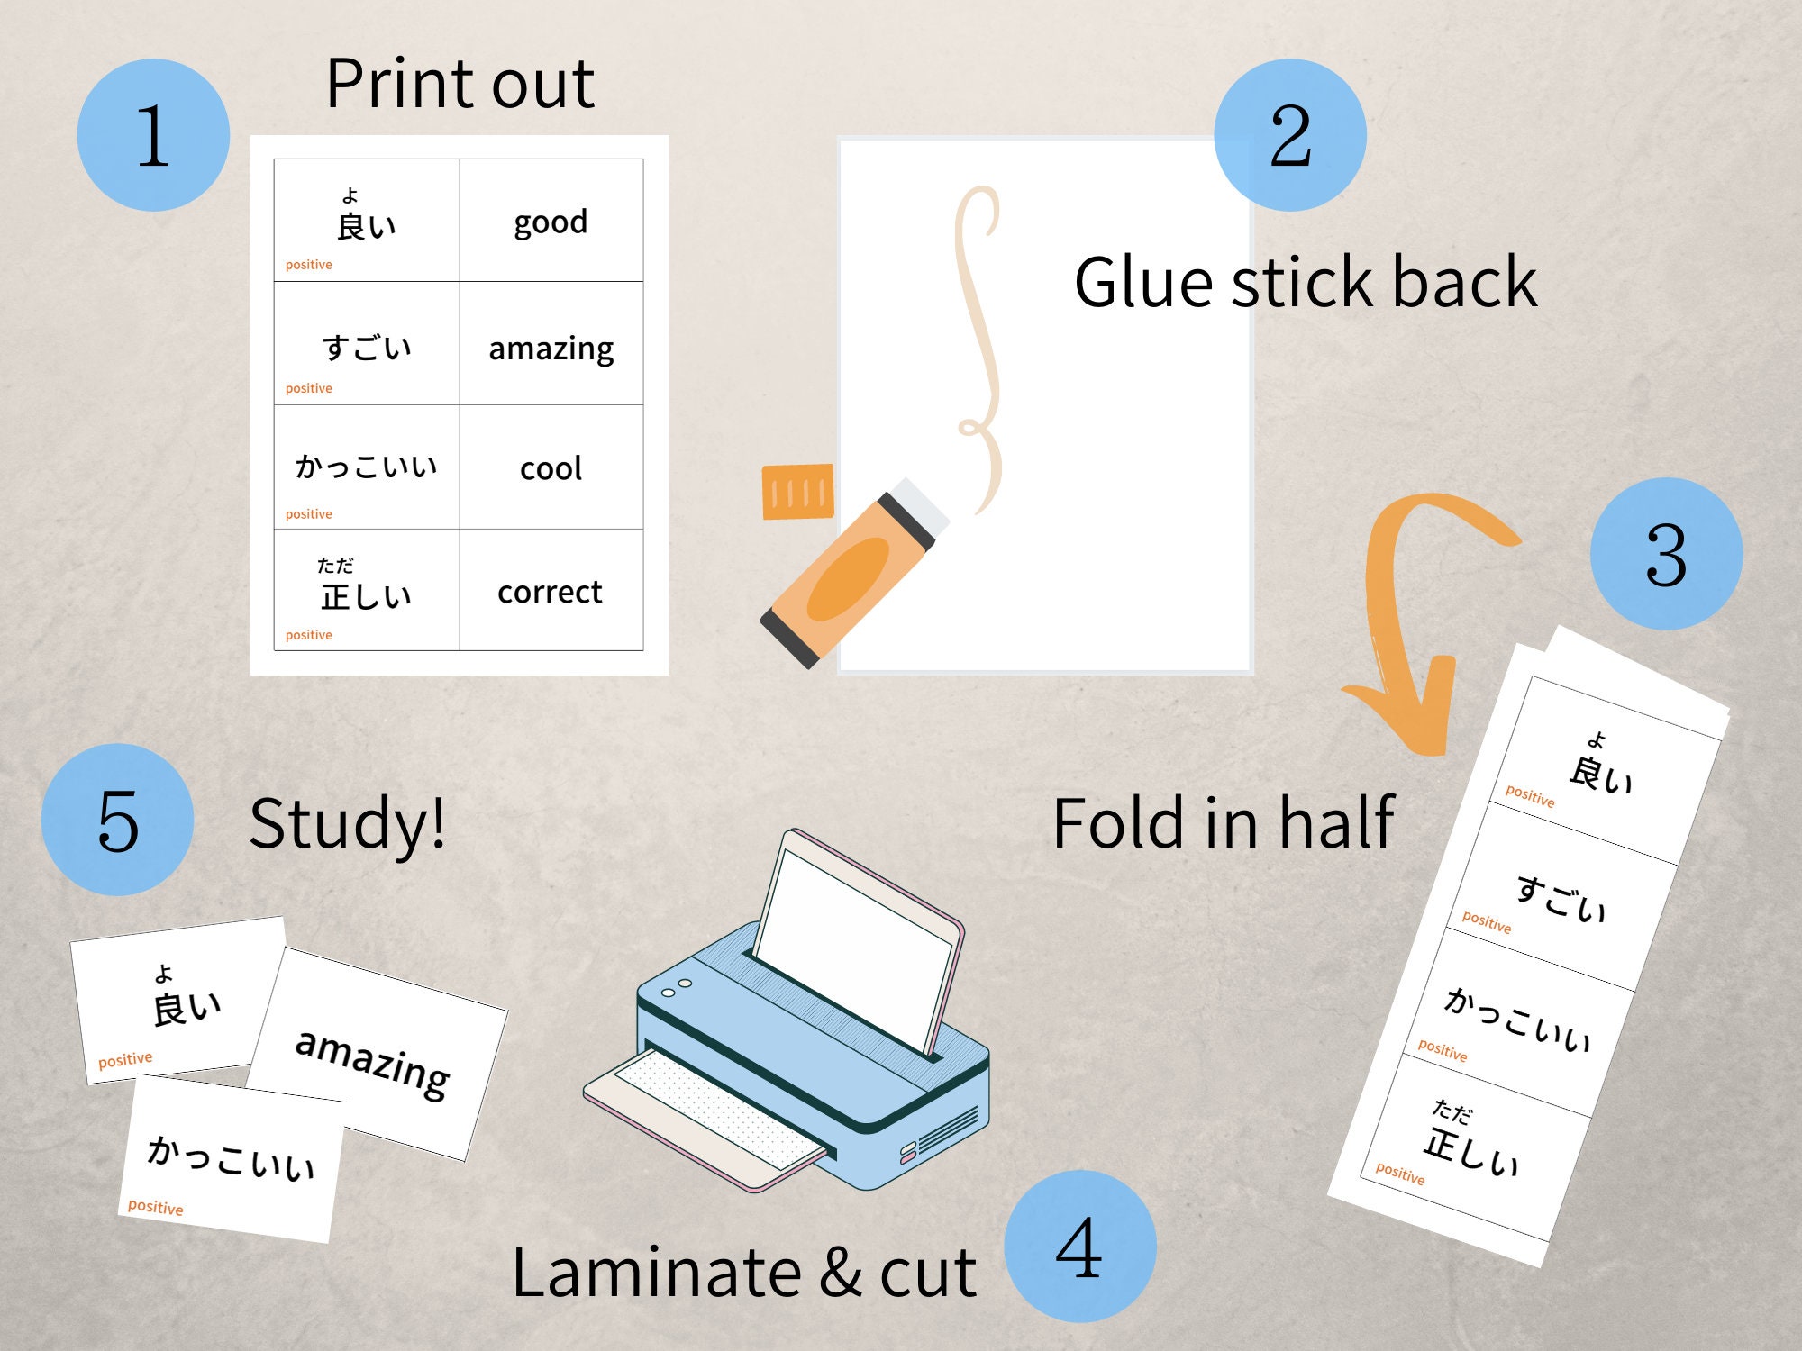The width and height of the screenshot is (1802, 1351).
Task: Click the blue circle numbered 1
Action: (x=153, y=135)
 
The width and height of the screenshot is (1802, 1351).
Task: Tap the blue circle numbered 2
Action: (x=1290, y=135)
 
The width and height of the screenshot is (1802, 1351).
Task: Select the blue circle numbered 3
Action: (x=1666, y=554)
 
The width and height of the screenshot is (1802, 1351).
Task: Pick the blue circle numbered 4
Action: (x=1079, y=1247)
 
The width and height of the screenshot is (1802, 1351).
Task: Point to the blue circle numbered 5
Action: (x=118, y=820)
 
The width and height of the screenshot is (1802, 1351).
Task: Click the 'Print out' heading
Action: (x=460, y=84)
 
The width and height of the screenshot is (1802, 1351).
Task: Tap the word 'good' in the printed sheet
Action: (x=551, y=222)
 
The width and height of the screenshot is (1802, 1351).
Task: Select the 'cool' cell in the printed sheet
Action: (x=551, y=468)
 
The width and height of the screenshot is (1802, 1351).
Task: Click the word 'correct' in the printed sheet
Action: (x=550, y=592)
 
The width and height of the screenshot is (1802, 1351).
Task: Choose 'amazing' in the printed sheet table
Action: (x=551, y=348)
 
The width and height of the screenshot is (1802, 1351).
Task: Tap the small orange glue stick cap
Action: (x=797, y=492)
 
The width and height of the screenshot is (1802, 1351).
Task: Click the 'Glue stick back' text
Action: (x=1306, y=282)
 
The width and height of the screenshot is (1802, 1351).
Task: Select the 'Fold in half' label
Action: (x=1223, y=823)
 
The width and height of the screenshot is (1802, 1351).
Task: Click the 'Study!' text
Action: (x=347, y=823)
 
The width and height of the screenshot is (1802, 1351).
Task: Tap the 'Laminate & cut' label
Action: (x=743, y=1272)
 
